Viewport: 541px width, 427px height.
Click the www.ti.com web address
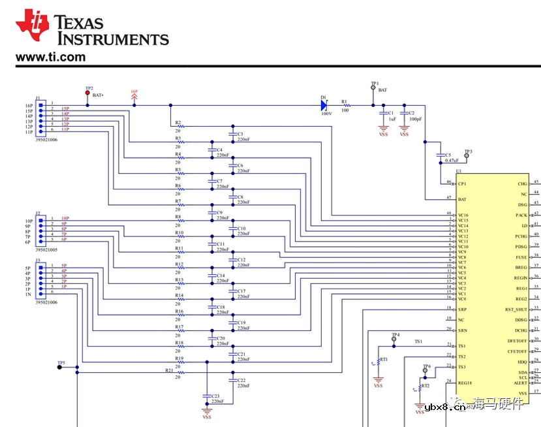click(x=50, y=57)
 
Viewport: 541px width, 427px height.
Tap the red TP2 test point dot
click(x=88, y=93)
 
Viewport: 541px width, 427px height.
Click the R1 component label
click(x=345, y=102)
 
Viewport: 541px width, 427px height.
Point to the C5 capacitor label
click(x=448, y=155)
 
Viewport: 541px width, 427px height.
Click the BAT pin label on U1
click(x=462, y=198)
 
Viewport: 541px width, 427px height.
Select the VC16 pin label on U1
click(x=463, y=215)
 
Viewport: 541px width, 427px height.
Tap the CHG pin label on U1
click(x=522, y=183)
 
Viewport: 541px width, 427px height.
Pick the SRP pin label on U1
click(x=462, y=309)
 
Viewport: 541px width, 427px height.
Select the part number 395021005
click(x=48, y=249)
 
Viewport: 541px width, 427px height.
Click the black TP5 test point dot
click(x=59, y=367)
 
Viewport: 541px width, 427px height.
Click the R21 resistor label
click(x=169, y=370)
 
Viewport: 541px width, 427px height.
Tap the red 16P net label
click(x=134, y=91)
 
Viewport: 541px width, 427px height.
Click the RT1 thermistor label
click(x=384, y=359)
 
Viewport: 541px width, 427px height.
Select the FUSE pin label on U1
click(x=521, y=257)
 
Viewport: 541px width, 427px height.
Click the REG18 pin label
click(x=464, y=383)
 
